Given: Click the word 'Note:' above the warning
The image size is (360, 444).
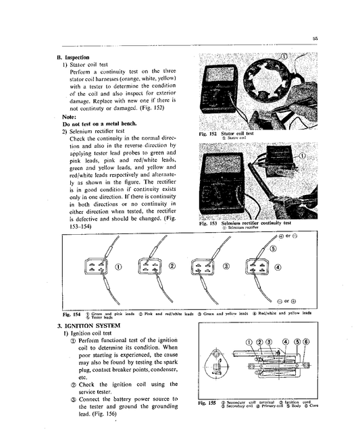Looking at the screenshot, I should point(70,116).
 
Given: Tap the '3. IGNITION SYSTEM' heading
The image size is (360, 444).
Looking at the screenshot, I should point(91,325).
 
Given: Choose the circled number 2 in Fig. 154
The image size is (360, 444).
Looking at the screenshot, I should point(172,266).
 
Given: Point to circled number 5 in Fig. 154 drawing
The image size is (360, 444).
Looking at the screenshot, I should point(274,248).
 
